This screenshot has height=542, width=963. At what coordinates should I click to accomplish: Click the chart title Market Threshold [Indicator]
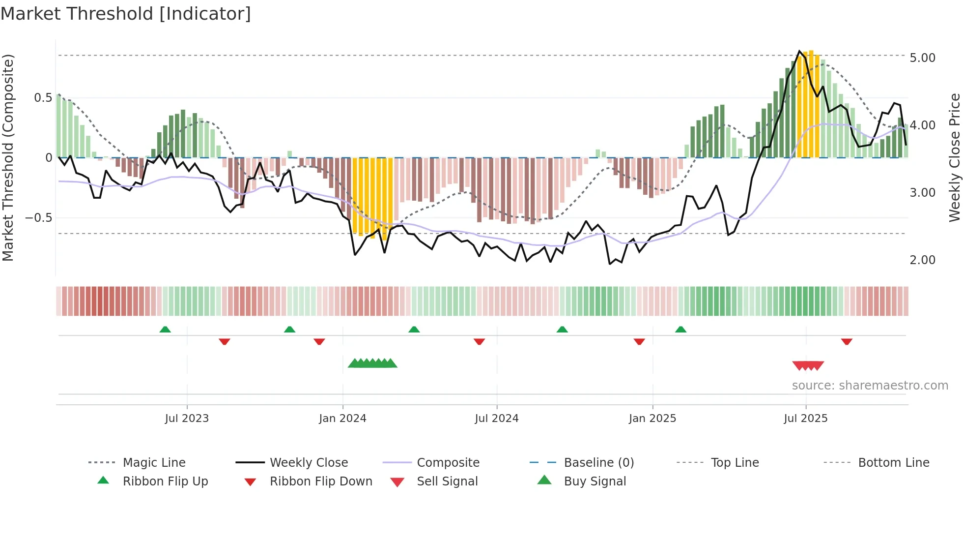pos(126,14)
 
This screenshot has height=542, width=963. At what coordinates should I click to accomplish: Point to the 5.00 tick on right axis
pos(922,58)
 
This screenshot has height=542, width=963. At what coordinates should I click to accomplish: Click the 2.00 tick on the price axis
pos(922,260)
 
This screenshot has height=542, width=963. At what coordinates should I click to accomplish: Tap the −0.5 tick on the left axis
pos(38,218)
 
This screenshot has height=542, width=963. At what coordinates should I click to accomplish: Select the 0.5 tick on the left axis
pos(43,98)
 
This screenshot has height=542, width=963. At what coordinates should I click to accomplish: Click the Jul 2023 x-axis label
pos(187,419)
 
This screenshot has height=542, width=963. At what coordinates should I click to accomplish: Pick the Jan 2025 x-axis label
pos(652,419)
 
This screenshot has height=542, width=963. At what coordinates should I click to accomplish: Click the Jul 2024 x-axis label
pos(496,419)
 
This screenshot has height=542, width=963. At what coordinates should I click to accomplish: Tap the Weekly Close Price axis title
pos(954,157)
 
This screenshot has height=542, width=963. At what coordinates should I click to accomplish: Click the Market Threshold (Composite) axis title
pos(8,157)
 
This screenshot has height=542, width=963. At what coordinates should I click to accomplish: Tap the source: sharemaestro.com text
pos(870,386)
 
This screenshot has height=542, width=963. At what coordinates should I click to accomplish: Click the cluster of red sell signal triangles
pos(808,365)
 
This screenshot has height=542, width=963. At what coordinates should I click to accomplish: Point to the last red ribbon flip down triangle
pos(846,341)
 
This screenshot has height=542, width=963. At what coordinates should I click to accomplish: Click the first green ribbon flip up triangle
pos(165,330)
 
